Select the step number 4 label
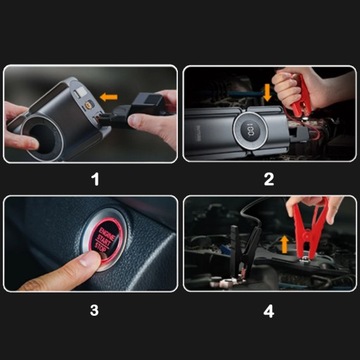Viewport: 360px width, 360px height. [269, 309]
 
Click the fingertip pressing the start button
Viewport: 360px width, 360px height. [87, 262]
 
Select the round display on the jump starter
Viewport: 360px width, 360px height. [248, 131]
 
